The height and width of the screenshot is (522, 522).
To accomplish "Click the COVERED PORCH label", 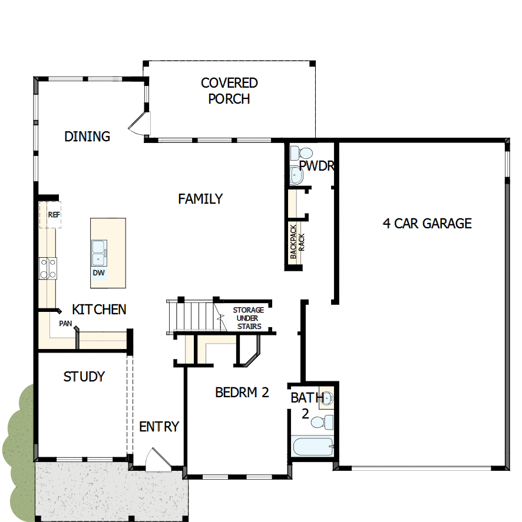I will [229, 91].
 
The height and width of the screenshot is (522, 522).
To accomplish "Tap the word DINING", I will [87, 137].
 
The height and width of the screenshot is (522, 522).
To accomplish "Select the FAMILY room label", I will [200, 199].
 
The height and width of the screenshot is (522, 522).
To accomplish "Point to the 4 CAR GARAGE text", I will [427, 223].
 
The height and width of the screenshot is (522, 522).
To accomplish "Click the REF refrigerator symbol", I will [54, 215].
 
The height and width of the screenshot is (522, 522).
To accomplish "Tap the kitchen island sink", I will [98, 253].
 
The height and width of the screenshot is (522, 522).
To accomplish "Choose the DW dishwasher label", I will [98, 273].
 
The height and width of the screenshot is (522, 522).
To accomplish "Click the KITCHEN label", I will [99, 309].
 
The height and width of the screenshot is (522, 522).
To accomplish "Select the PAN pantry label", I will [65, 323].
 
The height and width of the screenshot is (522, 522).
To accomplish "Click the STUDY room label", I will [84, 377].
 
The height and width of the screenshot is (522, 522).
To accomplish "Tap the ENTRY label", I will [158, 427].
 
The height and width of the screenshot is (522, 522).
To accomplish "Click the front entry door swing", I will [156, 460].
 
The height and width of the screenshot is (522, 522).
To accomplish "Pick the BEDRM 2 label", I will [242, 392].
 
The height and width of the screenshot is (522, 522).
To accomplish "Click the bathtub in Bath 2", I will [312, 447].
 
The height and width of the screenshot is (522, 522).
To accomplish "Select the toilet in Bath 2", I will [323, 422].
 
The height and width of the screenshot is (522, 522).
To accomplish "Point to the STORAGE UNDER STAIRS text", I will [247, 318].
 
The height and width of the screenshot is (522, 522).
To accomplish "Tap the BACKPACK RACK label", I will [296, 241].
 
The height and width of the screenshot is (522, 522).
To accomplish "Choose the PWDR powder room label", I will [316, 166].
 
